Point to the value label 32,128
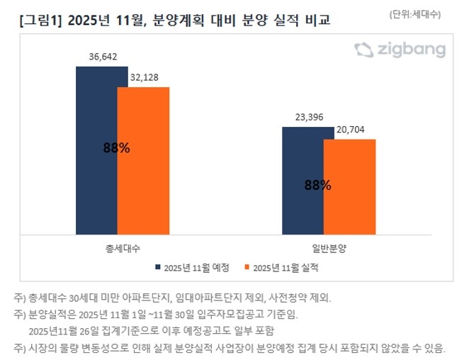[145, 77]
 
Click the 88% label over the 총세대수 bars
[116, 148]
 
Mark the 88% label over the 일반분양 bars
[317, 185]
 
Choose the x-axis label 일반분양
[328, 249]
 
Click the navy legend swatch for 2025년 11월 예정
[157, 268]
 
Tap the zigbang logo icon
[363, 50]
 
